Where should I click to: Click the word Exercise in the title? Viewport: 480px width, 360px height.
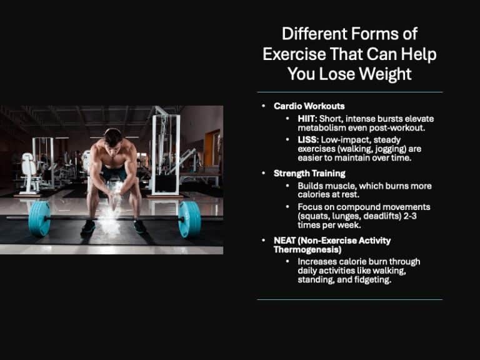click(294, 54)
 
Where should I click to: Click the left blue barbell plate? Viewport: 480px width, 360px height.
click(39, 219)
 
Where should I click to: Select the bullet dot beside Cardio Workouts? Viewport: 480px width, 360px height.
click(264, 106)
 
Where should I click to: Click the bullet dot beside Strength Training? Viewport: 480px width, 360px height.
click(264, 173)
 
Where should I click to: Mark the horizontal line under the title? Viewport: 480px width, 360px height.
click(349, 92)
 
